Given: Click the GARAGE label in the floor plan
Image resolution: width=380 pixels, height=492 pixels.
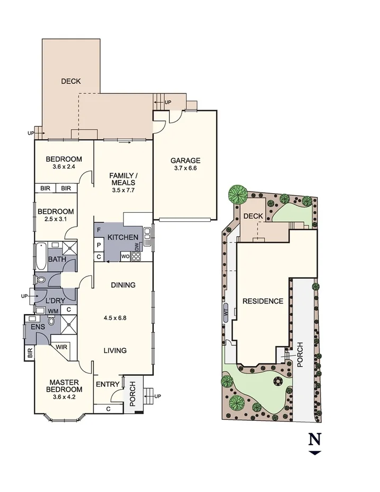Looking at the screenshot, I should point(185,160).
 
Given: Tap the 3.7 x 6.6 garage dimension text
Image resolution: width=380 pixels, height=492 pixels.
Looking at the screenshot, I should point(185,169).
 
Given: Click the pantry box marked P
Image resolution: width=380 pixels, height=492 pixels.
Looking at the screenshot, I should point(99,244).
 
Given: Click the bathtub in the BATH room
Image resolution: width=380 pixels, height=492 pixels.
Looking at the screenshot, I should point(41,252).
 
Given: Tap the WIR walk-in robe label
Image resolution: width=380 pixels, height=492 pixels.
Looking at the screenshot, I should point(62,347).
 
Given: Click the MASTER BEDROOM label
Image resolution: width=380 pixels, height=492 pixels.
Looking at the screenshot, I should point(64,386).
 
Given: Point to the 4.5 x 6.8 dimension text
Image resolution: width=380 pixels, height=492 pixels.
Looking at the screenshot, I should point(115,319).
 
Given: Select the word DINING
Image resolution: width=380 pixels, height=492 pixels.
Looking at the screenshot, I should point(123,285).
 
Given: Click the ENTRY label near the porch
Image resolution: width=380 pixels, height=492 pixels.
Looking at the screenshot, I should point(107,385).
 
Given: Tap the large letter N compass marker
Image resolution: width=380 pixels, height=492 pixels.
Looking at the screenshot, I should point(315,439).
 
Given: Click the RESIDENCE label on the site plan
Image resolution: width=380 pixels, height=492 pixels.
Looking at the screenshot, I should point(263,301).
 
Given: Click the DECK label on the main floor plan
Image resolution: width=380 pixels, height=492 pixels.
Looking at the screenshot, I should point(71,81).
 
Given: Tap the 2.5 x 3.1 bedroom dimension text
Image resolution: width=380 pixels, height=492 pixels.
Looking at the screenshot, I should point(55,220).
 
